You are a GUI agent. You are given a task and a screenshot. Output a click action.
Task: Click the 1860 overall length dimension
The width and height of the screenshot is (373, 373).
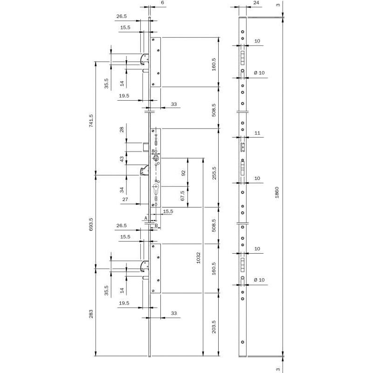click(x=276, y=193)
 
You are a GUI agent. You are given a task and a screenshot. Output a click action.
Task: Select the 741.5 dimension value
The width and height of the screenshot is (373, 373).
click(x=91, y=121)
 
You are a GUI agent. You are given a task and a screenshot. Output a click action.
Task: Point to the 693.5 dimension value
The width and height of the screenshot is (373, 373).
click(x=91, y=224)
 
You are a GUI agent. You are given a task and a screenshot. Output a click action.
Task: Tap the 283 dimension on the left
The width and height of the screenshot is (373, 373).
click(x=91, y=314)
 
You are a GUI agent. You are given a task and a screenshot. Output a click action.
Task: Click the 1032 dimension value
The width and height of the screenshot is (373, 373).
click(x=199, y=258)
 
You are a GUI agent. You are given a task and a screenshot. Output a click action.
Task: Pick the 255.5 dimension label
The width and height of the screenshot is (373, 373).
click(x=214, y=173)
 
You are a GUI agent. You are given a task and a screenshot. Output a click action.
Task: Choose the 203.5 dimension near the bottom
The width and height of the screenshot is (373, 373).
click(x=214, y=327)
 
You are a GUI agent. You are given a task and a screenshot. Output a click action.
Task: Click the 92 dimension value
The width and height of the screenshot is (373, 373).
click(x=183, y=173)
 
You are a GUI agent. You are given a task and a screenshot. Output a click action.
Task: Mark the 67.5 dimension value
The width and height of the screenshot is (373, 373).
click(x=183, y=195)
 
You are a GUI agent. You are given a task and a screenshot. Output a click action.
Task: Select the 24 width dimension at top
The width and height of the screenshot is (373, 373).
click(x=256, y=3)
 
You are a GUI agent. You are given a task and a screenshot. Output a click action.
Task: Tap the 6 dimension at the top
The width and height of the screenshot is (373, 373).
click(x=162, y=3)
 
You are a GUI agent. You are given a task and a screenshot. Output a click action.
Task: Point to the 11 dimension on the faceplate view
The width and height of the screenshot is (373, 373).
click(x=257, y=133)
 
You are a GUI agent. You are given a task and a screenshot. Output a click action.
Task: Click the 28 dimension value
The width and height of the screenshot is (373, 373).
click(x=122, y=130)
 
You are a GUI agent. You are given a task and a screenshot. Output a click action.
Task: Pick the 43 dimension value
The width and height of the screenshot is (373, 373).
click(x=122, y=159)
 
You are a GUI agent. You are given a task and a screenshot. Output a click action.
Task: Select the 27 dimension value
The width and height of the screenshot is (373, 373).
click(x=125, y=200)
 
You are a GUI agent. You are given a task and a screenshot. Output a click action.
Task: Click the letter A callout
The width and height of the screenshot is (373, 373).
click(x=146, y=218)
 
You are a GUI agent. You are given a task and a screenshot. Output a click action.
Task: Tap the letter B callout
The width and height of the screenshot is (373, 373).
click(x=156, y=225)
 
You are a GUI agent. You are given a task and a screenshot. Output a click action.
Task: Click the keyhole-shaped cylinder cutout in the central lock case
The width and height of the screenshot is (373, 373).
click(x=156, y=190)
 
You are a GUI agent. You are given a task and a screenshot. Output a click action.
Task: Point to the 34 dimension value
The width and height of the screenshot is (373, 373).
click(x=122, y=190)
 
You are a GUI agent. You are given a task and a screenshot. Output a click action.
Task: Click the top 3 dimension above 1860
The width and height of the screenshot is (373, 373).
click(x=278, y=5)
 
